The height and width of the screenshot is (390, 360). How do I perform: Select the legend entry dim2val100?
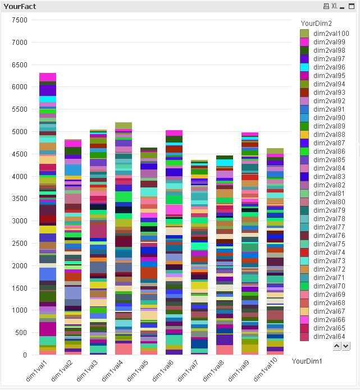coord(331,34)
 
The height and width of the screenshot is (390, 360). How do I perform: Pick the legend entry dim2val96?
coord(329,67)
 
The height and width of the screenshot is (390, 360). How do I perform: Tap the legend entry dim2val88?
coord(329,135)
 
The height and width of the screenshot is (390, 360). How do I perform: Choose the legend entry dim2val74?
coord(329,253)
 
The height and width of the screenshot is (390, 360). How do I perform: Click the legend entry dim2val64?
coord(329,337)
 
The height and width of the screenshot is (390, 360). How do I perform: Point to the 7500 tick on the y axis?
coord(20,20)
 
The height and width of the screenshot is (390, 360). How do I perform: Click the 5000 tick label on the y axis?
coord(20,132)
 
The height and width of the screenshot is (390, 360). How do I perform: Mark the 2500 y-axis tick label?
coord(20,244)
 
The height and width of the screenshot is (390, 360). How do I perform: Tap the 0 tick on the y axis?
coord(25,355)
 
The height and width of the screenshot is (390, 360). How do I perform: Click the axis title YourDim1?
coord(307,362)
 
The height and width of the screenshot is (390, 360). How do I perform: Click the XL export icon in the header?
coord(334,6)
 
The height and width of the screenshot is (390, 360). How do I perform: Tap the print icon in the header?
coord(326,6)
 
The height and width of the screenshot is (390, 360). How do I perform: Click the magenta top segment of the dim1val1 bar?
coord(48,77)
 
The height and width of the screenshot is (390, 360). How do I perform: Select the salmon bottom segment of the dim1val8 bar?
coord(225,350)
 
